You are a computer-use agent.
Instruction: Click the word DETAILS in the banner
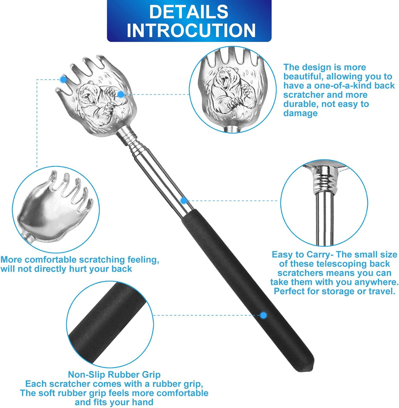pyautogui.click(x=189, y=12)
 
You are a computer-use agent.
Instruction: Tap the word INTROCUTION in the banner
pyautogui.click(x=191, y=31)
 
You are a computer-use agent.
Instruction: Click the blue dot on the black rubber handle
pyautogui.click(x=263, y=315)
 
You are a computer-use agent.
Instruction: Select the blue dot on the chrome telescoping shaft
pyautogui.click(x=184, y=201)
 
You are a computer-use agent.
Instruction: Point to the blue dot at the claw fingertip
pyautogui.click(x=63, y=79)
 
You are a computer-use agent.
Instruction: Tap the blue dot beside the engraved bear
pyautogui.click(x=121, y=94)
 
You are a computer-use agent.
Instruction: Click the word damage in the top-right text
pyautogui.click(x=300, y=113)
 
